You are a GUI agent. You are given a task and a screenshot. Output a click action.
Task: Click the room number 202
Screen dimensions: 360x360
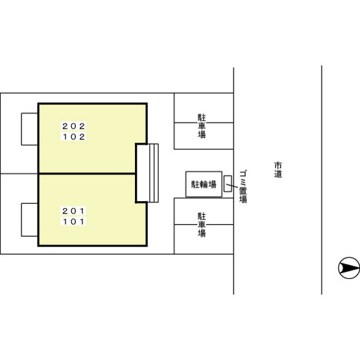tap(74, 126)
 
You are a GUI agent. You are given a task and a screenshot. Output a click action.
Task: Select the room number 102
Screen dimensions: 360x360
tap(74, 137)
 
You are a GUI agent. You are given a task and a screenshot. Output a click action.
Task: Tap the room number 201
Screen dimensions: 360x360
tap(74, 211)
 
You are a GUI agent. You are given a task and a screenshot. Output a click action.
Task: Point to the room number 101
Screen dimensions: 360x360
tap(74, 222)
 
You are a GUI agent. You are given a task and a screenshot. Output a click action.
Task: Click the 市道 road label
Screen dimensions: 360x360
tap(278, 170)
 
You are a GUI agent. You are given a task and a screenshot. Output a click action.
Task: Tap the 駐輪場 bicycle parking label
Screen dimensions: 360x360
tap(204, 184)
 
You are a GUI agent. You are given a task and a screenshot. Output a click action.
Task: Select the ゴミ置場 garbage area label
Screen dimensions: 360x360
tap(243, 187)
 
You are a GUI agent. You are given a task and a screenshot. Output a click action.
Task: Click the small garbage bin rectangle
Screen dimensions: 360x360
tap(228, 184)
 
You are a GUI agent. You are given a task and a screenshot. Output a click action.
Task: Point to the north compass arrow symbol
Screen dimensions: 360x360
tap(349, 268)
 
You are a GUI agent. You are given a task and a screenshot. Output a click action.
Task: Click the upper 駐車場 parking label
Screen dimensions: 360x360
tap(202, 126)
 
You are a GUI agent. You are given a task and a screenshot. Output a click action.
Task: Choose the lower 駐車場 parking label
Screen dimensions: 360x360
tap(202, 225)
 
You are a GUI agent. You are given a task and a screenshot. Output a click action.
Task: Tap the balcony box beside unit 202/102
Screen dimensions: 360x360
tap(30, 129)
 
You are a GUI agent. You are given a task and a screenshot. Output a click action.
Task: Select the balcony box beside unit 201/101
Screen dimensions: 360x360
tap(30, 220)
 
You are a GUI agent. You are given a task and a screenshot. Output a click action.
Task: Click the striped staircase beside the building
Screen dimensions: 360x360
tap(153, 173)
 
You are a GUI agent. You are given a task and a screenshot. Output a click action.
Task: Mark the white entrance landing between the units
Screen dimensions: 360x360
tap(142, 173)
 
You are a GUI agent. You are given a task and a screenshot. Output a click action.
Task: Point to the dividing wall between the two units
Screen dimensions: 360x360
tap(87, 174)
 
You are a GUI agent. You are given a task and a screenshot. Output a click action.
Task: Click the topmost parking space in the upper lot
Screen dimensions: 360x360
tap(204, 108)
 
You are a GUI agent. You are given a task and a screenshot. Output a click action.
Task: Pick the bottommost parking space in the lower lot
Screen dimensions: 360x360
tap(204, 239)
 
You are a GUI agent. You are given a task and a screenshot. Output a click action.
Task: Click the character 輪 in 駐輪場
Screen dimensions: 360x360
tap(204, 184)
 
